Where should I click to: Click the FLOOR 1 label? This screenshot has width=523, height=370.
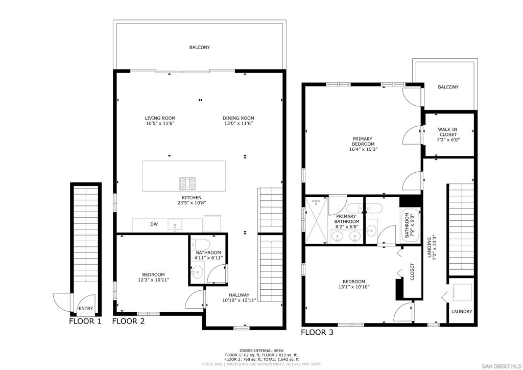[x=85, y=321]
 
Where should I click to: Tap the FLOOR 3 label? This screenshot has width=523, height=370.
[x=317, y=332]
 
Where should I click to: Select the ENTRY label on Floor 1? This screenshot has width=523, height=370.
[x=86, y=309]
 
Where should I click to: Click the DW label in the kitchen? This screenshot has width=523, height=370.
[x=154, y=224]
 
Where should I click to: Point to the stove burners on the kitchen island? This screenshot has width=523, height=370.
[x=187, y=184]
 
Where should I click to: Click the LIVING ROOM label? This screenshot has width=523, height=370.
[x=160, y=118]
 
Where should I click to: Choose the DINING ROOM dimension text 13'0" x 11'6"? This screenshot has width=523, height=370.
[x=238, y=124]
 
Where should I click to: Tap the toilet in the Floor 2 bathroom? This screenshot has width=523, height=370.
[x=200, y=244]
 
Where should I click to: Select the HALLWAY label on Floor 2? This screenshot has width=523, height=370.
[x=239, y=295]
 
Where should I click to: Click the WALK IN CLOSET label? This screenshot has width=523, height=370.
[x=447, y=132]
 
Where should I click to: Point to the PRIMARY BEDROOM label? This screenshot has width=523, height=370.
[x=363, y=142]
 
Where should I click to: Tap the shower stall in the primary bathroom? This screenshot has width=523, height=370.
[x=317, y=220]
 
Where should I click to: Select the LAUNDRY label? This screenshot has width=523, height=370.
[x=462, y=312]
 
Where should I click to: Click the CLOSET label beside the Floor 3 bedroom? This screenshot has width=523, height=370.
[x=412, y=272]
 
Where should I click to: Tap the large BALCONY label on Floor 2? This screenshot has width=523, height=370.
[x=200, y=48]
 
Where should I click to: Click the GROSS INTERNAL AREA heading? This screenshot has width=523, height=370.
[x=261, y=351]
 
